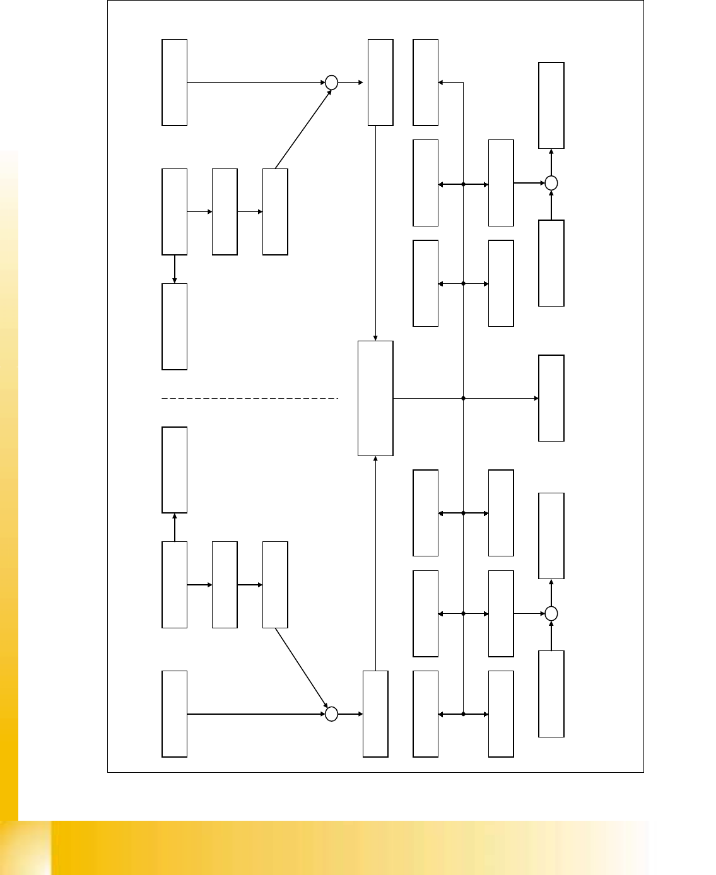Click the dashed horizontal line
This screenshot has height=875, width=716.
[250, 398]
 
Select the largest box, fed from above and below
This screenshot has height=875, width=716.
[375, 398]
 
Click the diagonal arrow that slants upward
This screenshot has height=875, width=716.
[303, 129]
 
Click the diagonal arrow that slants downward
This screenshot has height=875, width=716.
[301, 667]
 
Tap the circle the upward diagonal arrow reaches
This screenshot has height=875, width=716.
[331, 83]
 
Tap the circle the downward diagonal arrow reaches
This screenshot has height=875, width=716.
[331, 714]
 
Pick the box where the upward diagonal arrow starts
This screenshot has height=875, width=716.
[275, 211]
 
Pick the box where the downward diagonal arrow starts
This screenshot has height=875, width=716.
[275, 584]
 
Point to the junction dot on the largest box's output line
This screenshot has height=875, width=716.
[464, 398]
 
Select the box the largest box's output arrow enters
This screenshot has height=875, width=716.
[551, 398]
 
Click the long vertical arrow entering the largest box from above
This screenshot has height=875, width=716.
[375, 233]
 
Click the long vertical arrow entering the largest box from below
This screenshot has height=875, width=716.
[375, 563]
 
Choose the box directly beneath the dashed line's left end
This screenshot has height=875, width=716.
[175, 470]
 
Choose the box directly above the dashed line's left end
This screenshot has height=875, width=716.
[175, 326]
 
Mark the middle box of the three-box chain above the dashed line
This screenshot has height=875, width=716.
[225, 211]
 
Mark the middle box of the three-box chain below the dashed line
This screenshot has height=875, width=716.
[225, 584]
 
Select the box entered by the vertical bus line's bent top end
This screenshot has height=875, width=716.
[425, 83]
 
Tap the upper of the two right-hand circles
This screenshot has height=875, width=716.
[551, 183]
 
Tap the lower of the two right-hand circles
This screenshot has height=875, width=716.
[551, 613]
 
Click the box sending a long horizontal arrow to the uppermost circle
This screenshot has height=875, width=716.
[175, 83]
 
